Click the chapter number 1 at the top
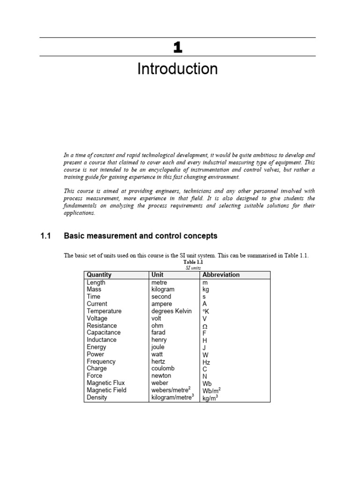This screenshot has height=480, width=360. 177,47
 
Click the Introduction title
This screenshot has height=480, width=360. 177,69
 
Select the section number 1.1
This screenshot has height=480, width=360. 45,236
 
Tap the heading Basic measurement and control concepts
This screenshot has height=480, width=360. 140,236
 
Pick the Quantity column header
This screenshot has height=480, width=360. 99,275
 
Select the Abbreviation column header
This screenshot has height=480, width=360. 221,275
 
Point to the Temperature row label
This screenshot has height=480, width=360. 104,311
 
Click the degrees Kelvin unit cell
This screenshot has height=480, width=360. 171,311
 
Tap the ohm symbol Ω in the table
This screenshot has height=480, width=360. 205,326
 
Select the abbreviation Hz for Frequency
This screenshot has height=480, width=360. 206,362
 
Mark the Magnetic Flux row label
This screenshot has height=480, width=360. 105,383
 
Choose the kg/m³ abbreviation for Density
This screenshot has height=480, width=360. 210,398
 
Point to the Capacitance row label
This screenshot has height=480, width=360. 104,333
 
